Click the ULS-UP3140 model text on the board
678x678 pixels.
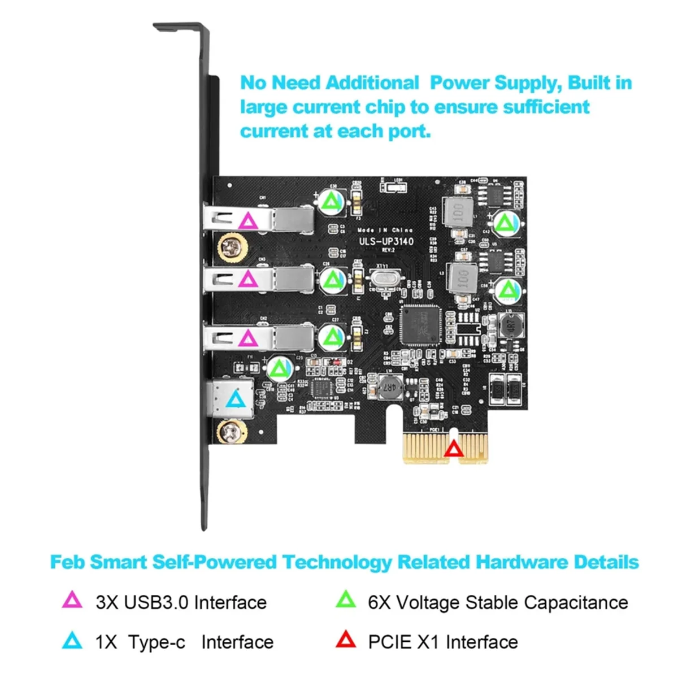(386, 242)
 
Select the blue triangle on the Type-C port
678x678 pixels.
(236, 400)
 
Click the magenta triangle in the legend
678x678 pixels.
(72, 600)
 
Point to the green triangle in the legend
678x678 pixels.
(345, 600)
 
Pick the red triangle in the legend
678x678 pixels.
(345, 640)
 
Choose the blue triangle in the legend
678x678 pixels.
(72, 640)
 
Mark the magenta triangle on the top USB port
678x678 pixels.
(247, 220)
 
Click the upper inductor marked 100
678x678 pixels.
(459, 213)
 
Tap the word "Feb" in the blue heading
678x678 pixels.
(67, 562)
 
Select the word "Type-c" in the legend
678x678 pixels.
(157, 642)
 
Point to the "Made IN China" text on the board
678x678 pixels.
(385, 230)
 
